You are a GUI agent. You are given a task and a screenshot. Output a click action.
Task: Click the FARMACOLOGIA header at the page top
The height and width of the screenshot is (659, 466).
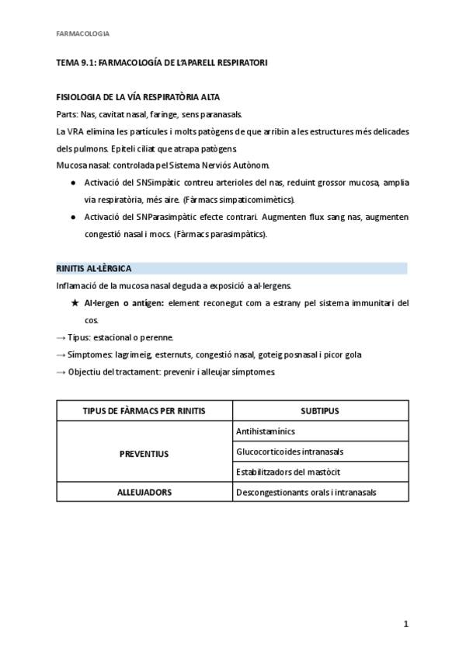tap(83, 33)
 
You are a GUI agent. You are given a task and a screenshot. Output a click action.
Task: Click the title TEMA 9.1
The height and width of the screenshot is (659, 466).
tap(162, 62)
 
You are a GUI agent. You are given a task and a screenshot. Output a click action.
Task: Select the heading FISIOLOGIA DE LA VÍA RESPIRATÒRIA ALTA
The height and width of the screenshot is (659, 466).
tap(138, 97)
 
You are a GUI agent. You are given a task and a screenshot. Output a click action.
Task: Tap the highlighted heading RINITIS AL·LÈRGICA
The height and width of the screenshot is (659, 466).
tap(94, 268)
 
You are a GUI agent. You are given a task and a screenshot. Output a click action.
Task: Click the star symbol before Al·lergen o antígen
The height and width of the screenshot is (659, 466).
tap(75, 302)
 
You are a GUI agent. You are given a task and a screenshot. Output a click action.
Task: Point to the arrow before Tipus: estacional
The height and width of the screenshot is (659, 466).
tap(61, 337)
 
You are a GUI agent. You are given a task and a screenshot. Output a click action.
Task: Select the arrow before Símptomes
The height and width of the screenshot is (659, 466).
tap(61, 354)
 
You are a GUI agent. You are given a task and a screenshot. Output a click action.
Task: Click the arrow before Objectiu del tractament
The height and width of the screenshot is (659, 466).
tap(61, 371)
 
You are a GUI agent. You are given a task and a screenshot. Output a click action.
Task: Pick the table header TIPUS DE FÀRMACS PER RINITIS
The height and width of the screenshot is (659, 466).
tap(144, 410)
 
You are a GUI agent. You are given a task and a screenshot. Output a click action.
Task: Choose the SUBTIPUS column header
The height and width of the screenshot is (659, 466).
tap(320, 410)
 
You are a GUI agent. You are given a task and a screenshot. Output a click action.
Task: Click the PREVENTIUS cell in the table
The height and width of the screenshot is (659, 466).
tap(144, 453)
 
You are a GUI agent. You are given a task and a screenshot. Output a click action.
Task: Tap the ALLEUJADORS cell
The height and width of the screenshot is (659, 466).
tap(144, 492)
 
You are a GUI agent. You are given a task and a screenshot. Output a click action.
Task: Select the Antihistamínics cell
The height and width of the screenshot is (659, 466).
tap(265, 431)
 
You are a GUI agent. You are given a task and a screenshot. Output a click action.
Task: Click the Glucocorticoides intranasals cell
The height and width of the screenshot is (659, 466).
tap(289, 452)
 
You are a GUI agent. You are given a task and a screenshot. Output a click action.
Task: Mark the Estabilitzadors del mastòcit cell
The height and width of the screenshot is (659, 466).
tap(287, 472)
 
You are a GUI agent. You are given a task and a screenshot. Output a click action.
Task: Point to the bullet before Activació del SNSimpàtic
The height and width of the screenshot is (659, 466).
tap(72, 182)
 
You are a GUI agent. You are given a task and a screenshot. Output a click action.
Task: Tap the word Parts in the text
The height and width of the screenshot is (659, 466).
tap(67, 114)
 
